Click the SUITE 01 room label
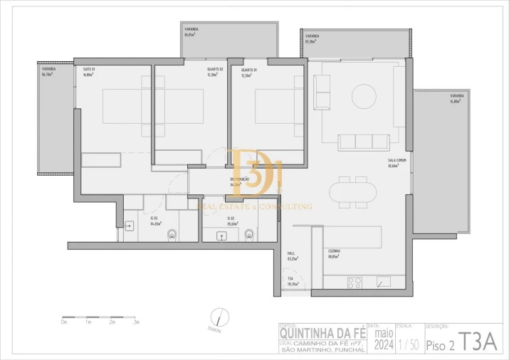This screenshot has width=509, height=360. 89,69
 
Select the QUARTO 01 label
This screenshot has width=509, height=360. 248,70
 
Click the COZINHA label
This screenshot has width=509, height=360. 334,251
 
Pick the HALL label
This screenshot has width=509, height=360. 291,253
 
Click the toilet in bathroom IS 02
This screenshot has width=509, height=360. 248,234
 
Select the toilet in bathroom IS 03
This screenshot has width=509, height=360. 172,234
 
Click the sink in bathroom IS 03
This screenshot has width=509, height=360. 130,227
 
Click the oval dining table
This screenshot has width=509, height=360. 354,191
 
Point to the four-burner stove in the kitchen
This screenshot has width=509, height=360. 355,282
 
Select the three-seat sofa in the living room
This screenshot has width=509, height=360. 364,142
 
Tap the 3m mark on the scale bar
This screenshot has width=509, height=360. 136,322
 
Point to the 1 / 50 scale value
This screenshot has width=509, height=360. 409,345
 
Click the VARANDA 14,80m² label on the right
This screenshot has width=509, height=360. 457,97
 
